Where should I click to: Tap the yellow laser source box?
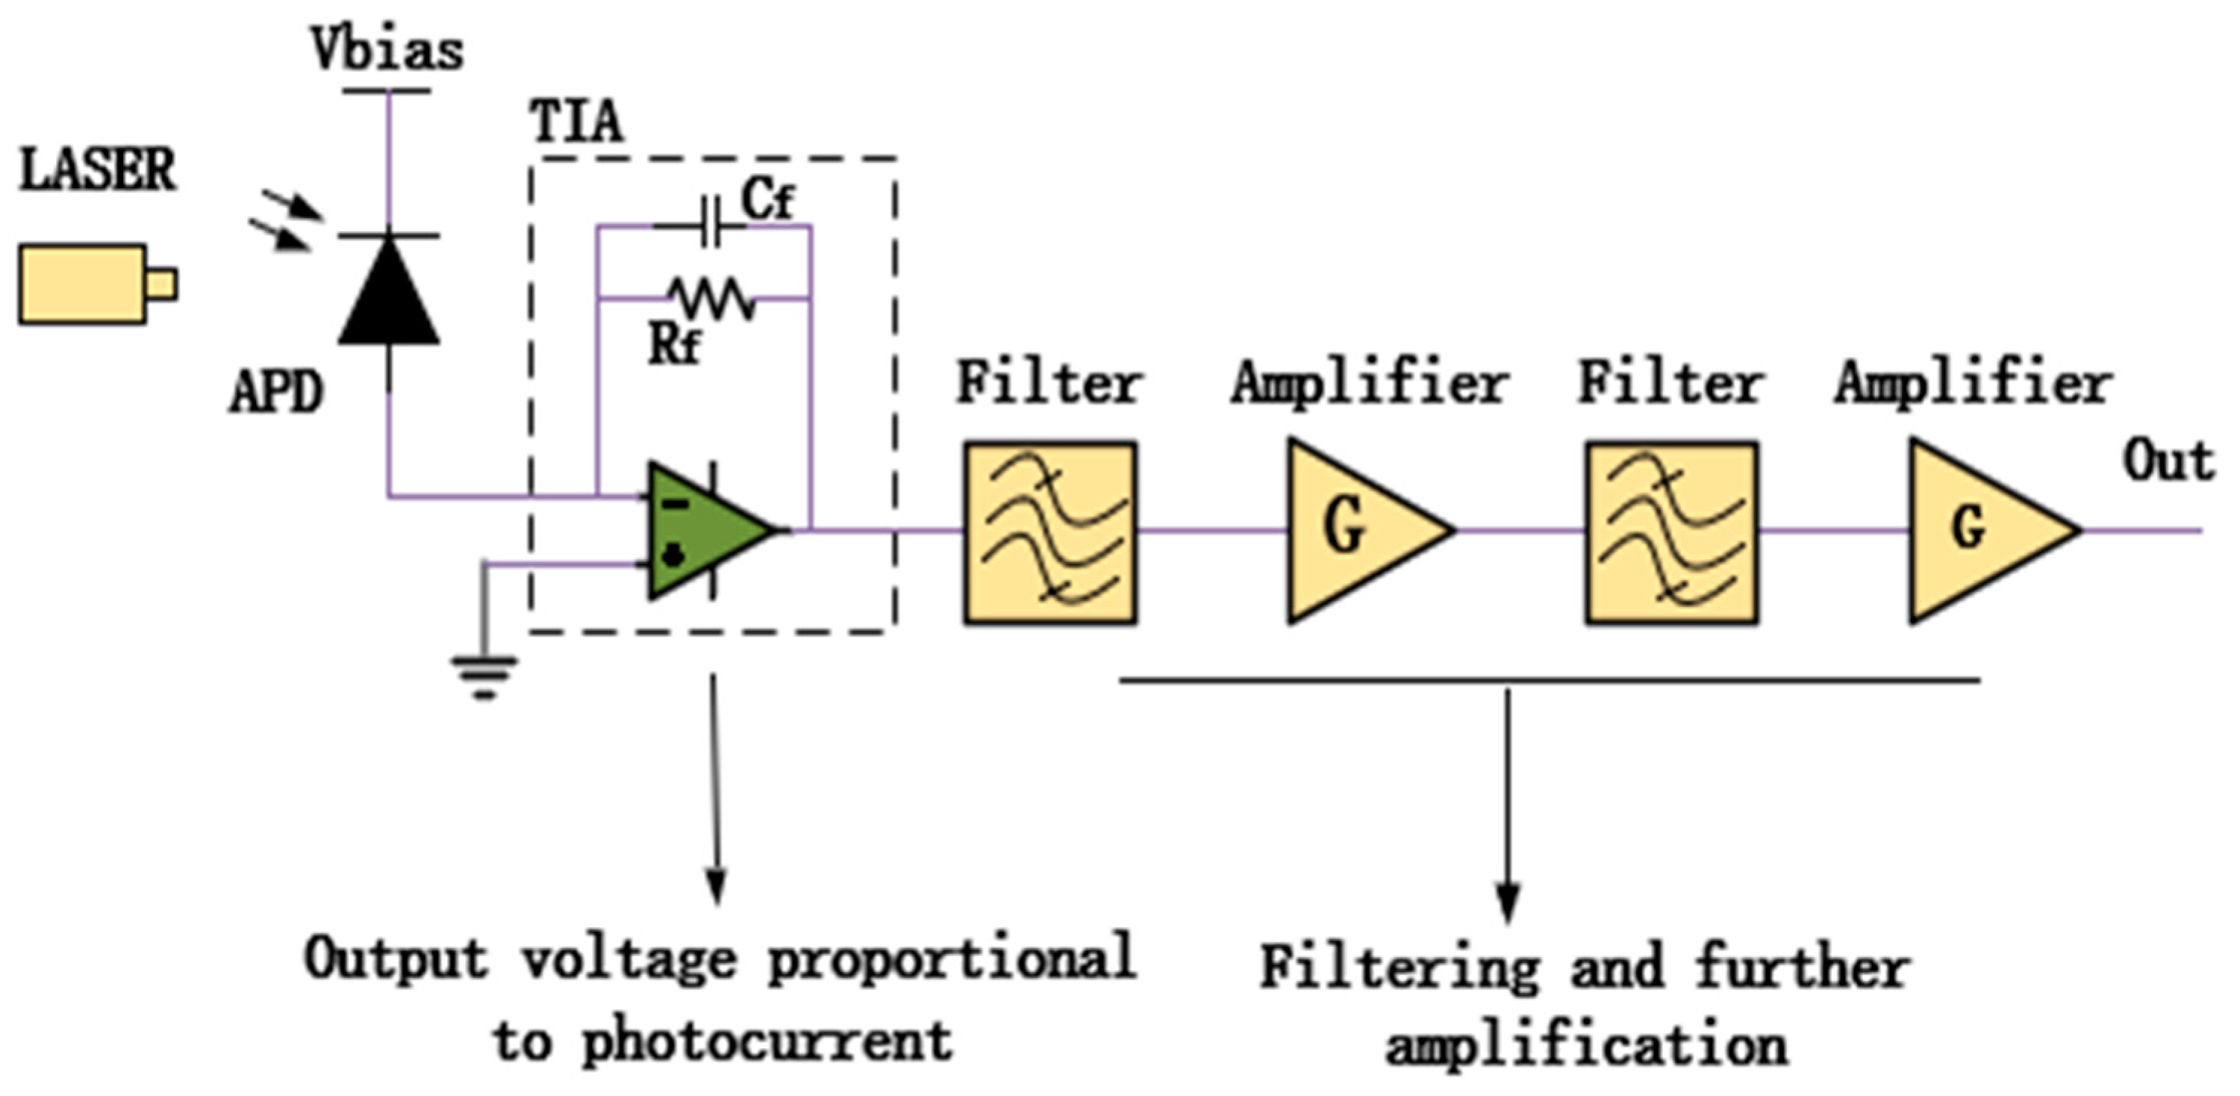click(x=84, y=284)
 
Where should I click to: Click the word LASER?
click(x=97, y=169)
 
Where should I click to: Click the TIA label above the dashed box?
click(x=576, y=122)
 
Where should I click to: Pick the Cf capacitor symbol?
click(x=711, y=225)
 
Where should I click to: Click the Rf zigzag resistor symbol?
click(x=714, y=299)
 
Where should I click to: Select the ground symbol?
click(x=484, y=676)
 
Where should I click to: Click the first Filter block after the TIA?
click(x=1049, y=532)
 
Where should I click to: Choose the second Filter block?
click(x=1671, y=532)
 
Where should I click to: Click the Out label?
click(x=2168, y=461)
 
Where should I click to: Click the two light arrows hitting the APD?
click(x=285, y=222)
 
